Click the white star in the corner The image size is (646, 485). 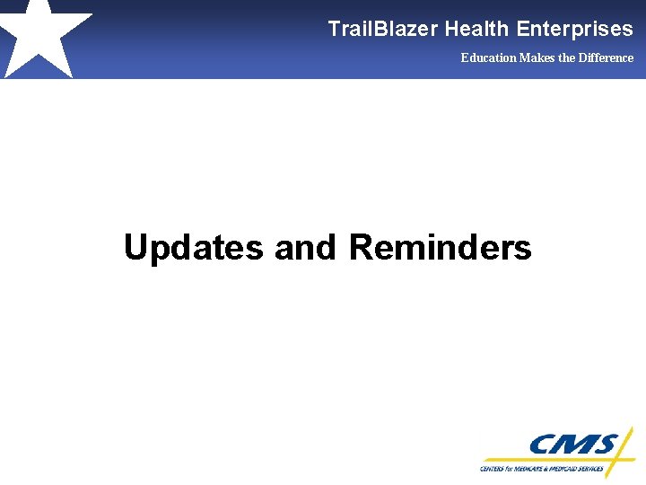click(x=40, y=36)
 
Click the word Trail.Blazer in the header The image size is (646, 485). click(x=383, y=29)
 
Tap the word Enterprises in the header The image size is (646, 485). click(x=574, y=29)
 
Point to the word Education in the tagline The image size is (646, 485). click(x=488, y=57)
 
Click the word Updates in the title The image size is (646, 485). click(x=194, y=247)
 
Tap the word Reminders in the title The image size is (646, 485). click(x=440, y=247)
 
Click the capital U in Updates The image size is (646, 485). click(x=136, y=247)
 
